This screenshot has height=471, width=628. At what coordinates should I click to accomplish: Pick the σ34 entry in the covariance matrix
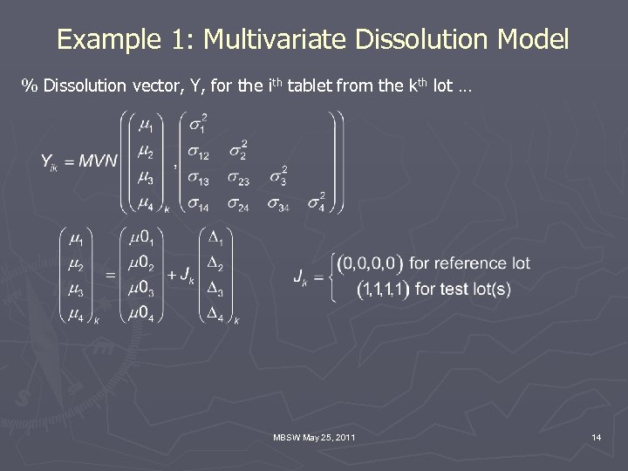[x=276, y=205]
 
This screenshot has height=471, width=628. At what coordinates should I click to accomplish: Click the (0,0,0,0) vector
[x=371, y=263]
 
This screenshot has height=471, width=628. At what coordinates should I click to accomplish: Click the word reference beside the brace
[x=471, y=263]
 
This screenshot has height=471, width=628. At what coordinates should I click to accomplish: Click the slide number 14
[x=596, y=436]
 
